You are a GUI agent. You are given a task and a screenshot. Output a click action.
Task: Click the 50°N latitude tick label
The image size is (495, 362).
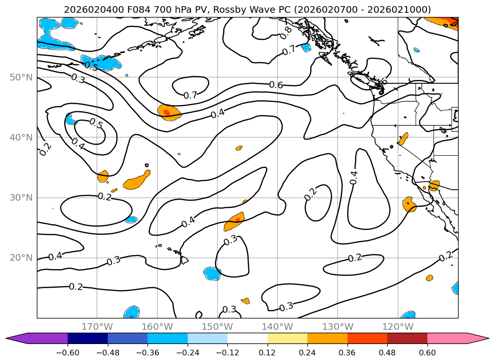click(x=21, y=78)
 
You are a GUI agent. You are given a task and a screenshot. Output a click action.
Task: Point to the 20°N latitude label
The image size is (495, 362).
click(x=21, y=258)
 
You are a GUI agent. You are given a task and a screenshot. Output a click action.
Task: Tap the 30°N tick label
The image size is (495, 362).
click(x=21, y=198)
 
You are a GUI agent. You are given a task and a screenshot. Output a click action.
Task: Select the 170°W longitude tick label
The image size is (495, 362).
click(x=97, y=327)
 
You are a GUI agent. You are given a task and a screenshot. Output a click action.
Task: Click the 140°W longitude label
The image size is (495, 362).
click(x=278, y=327)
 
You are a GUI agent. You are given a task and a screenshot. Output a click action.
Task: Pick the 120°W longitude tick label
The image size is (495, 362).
click(x=398, y=327)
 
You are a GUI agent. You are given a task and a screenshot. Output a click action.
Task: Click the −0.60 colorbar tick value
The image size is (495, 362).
click(x=68, y=353)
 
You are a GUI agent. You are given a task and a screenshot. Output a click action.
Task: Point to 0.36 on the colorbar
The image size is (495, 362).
click(x=347, y=353)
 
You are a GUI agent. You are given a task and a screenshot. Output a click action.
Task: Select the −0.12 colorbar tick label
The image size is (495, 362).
click(x=227, y=353)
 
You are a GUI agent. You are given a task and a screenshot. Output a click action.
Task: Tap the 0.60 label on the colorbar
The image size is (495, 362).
click(x=427, y=353)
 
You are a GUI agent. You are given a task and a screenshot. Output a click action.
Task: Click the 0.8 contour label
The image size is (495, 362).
click(x=286, y=33)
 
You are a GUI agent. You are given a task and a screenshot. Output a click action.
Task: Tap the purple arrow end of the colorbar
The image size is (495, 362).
click(x=16, y=338)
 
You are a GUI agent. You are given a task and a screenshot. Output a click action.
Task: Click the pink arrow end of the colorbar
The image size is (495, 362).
click(x=478, y=338)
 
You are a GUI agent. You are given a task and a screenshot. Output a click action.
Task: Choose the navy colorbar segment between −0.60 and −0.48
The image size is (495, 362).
click(x=88, y=338)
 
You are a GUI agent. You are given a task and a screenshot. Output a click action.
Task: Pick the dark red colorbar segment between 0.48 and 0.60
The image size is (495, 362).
click(x=407, y=338)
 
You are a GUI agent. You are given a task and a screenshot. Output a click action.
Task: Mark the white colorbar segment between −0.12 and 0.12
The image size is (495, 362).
click(x=248, y=338)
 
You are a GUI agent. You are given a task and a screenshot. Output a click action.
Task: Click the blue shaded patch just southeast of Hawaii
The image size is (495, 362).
click(x=212, y=274)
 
